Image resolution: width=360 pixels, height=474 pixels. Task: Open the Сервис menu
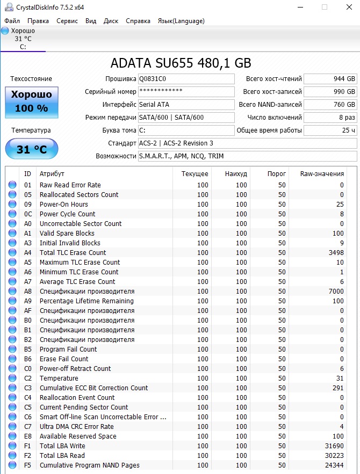tap(67, 21)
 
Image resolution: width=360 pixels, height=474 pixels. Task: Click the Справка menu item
tap(138, 21)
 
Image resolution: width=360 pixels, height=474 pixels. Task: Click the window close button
tap(348, 7)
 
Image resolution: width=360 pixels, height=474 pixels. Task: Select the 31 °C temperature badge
tap(32, 149)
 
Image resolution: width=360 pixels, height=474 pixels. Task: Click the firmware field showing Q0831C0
tap(186, 79)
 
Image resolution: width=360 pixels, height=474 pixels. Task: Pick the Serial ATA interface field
tap(186, 105)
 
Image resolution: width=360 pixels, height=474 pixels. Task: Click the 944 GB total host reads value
tap(330, 79)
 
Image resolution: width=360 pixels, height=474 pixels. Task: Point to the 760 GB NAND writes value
tap(330, 105)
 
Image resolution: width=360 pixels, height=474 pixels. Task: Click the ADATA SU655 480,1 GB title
tap(181, 63)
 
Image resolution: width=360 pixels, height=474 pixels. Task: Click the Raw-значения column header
tap(322, 174)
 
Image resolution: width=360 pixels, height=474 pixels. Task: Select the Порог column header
tap(276, 174)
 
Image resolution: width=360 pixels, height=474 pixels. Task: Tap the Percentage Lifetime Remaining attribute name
tap(86, 301)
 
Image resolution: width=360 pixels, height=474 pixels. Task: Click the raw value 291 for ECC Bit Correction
tap(337, 388)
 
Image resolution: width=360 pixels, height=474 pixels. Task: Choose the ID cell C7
tap(28, 427)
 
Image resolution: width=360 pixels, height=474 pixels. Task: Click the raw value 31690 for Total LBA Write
tap(333, 446)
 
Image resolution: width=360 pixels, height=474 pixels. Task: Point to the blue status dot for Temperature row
tap(12, 378)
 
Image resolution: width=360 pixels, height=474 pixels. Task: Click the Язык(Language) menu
tap(181, 21)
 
